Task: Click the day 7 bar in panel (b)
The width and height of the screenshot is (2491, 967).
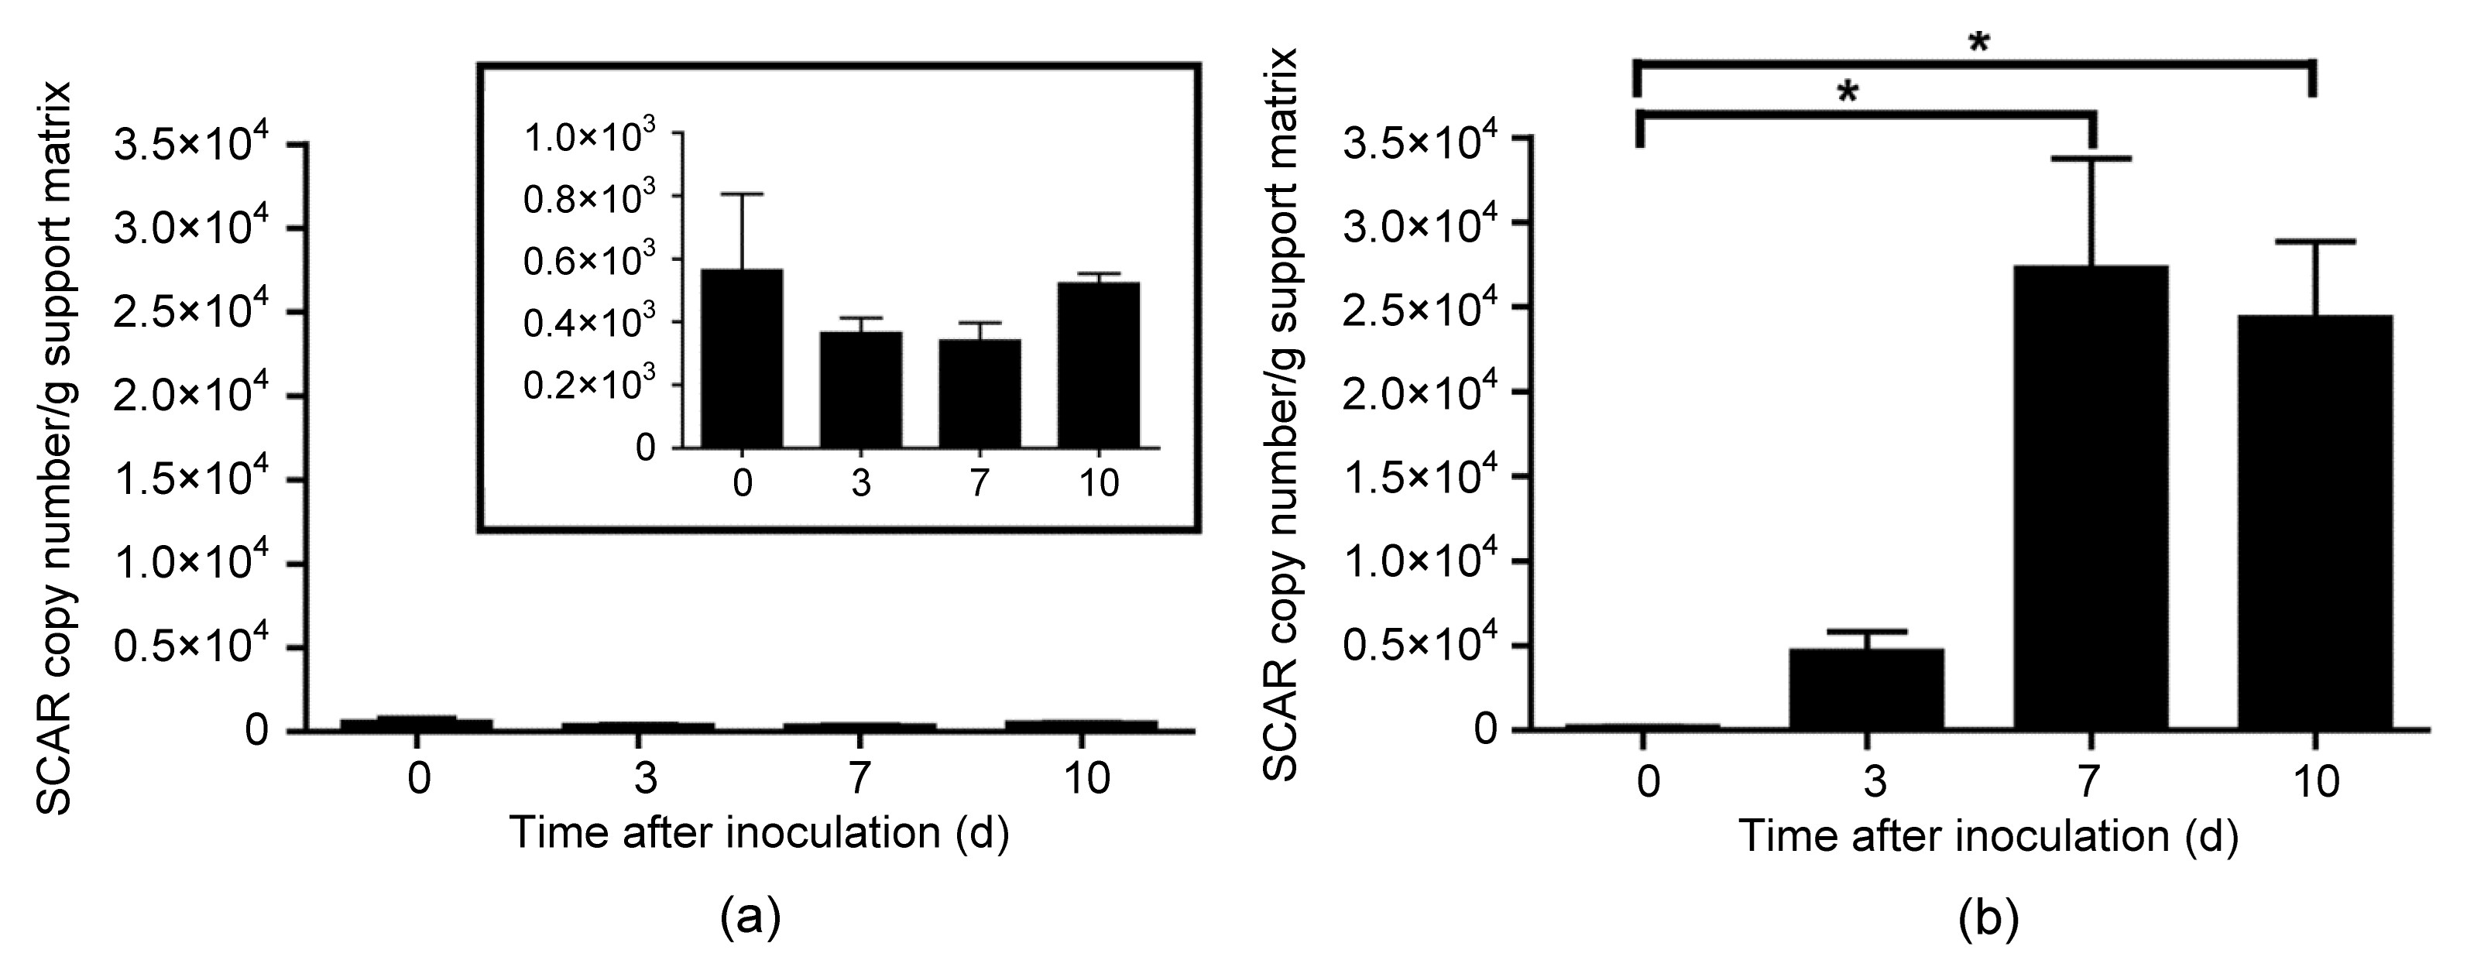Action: [2091, 497]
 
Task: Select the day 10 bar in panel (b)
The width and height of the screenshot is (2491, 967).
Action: [2316, 522]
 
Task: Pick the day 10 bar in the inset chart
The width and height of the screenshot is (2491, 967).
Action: [1099, 365]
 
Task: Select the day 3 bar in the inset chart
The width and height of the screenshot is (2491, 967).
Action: [860, 389]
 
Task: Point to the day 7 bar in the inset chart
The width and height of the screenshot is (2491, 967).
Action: [980, 393]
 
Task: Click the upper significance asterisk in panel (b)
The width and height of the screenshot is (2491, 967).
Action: [1978, 44]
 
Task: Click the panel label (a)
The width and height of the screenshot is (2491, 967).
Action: [750, 917]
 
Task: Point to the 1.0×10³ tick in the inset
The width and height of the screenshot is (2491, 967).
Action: [590, 135]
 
